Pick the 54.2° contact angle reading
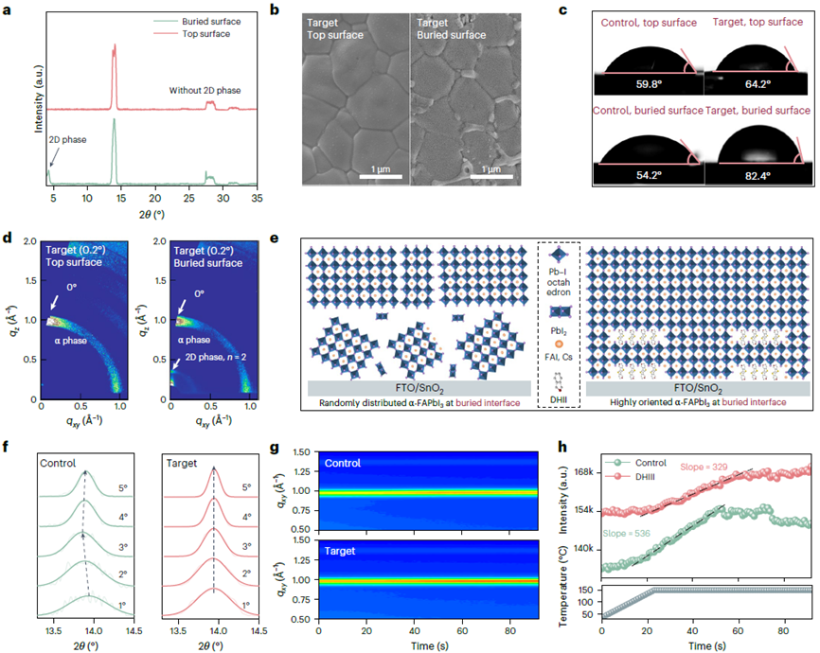650,175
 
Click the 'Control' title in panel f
59,464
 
